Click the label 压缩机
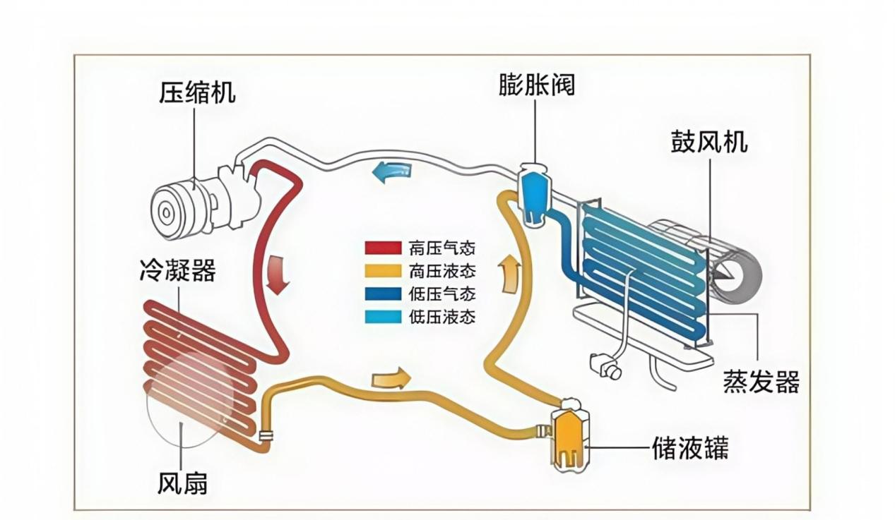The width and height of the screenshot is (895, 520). [197, 93]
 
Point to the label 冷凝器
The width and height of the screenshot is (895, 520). [178, 270]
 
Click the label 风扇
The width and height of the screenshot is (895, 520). [182, 483]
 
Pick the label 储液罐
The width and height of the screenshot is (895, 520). [690, 448]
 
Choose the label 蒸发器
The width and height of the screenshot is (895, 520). [761, 381]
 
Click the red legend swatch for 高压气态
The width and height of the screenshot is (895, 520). [383, 248]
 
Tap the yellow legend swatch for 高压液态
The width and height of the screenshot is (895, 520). [383, 271]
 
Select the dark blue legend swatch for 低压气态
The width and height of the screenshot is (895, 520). [383, 294]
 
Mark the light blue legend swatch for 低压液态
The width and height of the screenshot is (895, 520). [383, 317]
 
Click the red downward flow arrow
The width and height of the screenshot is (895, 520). [278, 275]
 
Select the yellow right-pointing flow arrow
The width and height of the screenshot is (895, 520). [391, 377]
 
